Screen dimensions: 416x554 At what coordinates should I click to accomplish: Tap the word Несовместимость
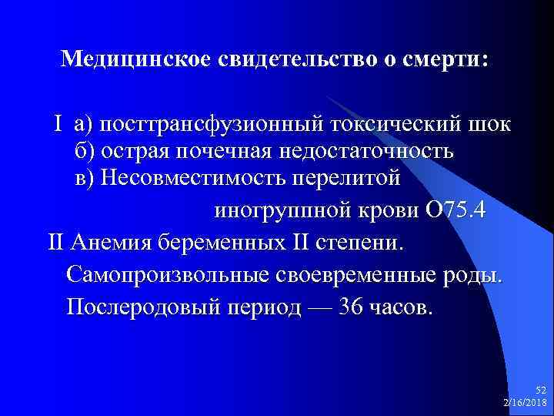coord(192,179)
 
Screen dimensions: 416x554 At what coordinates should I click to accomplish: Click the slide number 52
coord(540,391)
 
